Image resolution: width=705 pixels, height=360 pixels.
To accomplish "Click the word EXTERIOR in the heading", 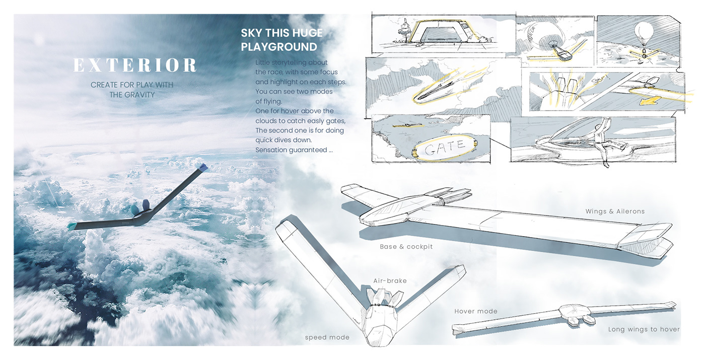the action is pos(135,65).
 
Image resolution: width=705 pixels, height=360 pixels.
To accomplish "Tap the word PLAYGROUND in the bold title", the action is pos(278,47).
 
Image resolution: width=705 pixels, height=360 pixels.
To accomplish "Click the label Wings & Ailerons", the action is pos(615,211).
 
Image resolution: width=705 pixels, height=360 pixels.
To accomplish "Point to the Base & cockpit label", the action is pos(406,247).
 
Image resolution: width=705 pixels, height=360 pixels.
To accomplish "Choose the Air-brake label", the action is pos(390,281).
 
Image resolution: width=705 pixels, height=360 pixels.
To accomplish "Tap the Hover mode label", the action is pos(475,311).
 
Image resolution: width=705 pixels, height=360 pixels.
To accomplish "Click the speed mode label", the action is pos(327,337).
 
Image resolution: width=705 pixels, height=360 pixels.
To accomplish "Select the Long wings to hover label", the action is pos(644,329).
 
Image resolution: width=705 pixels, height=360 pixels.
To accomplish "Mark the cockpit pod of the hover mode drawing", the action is pos(576,315).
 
